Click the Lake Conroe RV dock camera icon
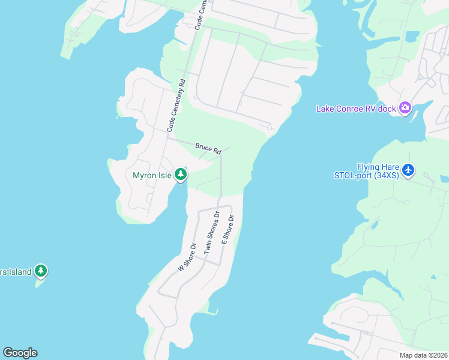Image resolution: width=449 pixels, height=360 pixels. [x=405, y=108]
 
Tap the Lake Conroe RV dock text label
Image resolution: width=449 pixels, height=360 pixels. [x=357, y=109]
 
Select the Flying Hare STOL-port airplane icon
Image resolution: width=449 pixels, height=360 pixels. [x=408, y=170]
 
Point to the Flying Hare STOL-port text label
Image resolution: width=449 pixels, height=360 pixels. [x=366, y=171]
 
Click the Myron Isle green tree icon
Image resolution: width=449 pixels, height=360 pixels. [x=180, y=175]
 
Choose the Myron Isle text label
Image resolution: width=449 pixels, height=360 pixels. [x=152, y=175]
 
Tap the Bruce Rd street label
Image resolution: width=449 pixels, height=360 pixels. [x=208, y=148]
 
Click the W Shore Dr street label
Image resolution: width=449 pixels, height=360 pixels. [x=187, y=257]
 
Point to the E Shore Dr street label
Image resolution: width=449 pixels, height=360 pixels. [x=228, y=229]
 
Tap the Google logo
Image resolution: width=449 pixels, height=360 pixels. [x=20, y=353]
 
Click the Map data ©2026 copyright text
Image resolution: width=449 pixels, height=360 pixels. [x=423, y=355]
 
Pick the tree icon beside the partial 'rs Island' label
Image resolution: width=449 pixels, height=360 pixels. [x=40, y=271]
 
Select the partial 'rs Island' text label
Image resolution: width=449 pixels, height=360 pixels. [x=15, y=272]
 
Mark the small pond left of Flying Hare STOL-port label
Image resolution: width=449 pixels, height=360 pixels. [x=374, y=224]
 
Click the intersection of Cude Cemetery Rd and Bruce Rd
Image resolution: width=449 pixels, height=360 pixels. [x=167, y=139]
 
